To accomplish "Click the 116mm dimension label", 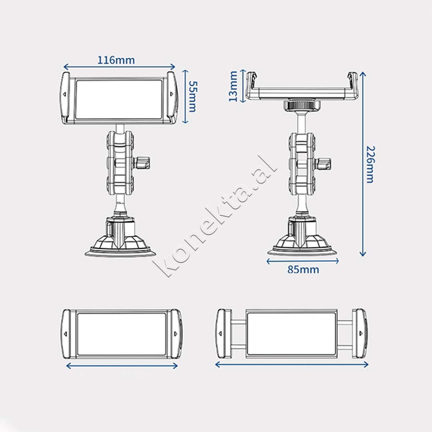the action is pos(116,60).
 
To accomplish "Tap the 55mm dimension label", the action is pos(192,96).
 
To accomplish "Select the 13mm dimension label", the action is pos(233,86).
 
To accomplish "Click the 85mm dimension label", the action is pos(303,270).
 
